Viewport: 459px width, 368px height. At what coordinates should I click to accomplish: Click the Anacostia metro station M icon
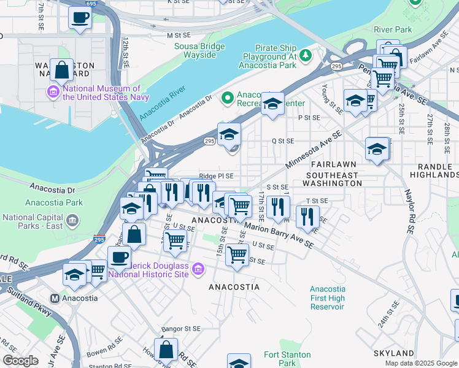pos(55,298)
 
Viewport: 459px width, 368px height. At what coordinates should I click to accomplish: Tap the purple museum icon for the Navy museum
pos(54,93)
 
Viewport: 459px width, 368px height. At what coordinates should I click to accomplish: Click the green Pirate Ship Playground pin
pos(305,56)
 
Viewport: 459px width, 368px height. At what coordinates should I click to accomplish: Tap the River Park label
pos(393,29)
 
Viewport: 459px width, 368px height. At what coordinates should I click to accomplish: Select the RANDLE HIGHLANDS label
pos(438,171)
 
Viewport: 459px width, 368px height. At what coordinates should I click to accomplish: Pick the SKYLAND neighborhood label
pos(393,353)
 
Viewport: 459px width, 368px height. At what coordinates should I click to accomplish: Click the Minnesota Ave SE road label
pos(313,151)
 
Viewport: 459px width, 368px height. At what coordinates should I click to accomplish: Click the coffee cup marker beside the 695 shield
pos(80,18)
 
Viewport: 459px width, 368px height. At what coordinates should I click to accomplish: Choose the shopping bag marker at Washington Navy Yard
pos(62,71)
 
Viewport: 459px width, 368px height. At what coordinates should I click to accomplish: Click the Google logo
pos(20,361)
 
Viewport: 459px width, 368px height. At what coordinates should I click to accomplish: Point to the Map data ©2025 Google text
pos(420,363)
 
